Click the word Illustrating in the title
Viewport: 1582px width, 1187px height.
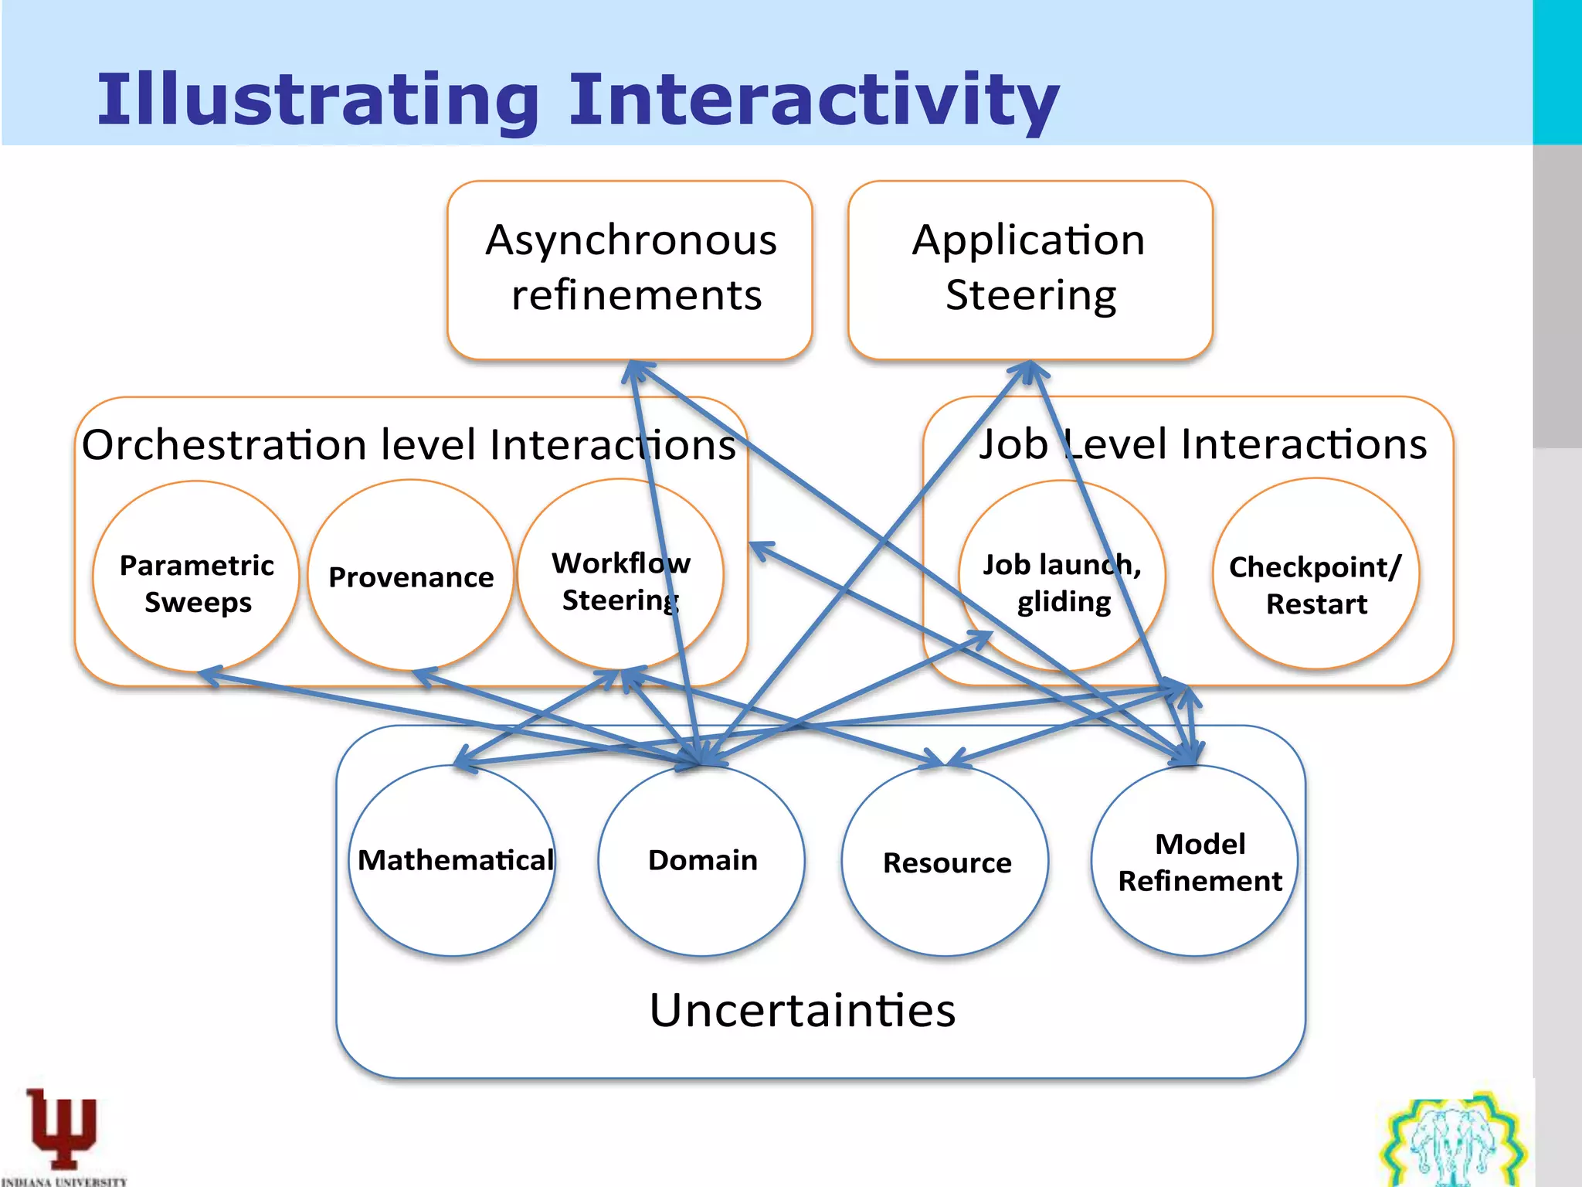[317, 100]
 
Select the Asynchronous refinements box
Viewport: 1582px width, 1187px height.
[630, 269]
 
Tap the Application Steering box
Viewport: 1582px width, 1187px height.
[1030, 269]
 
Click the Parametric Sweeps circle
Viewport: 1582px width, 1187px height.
[196, 576]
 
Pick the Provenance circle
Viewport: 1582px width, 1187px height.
[410, 576]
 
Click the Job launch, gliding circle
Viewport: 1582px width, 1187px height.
[1061, 576]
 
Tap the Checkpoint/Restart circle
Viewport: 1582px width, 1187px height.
[1316, 575]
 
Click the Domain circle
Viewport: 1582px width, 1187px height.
[701, 860]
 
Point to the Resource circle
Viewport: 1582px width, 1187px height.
[945, 862]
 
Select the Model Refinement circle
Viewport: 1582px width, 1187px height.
[1195, 862]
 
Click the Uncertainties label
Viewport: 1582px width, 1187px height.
[802, 1010]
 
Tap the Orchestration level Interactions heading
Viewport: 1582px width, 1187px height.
[408, 445]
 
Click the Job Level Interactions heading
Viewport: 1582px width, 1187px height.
[1202, 444]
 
